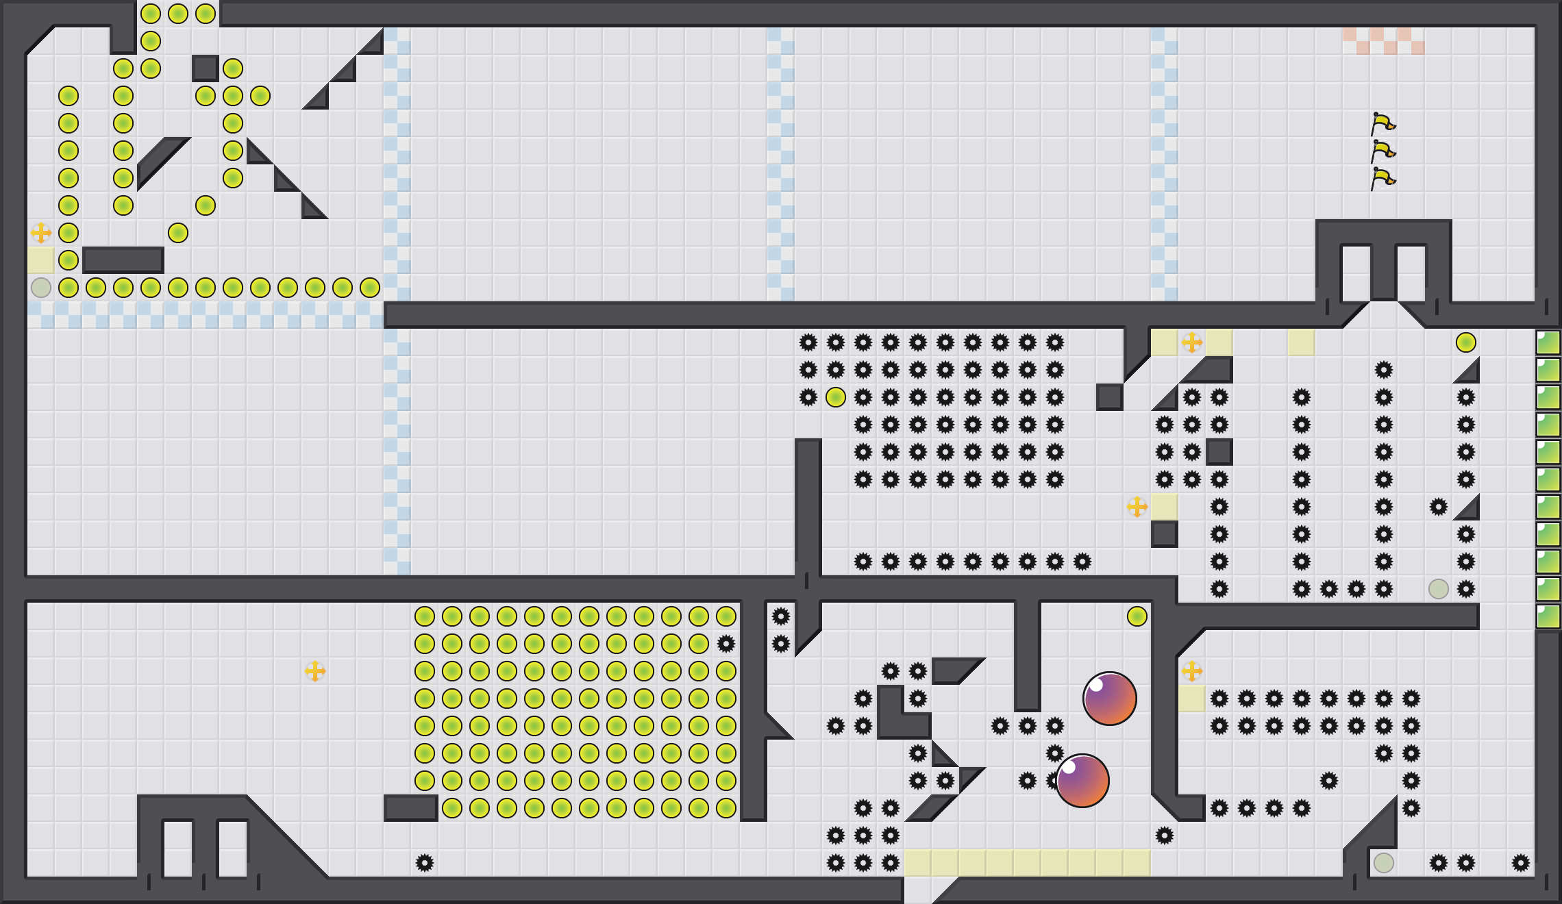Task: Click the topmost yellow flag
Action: [1383, 124]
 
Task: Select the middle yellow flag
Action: [1383, 151]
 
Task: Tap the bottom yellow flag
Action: [1383, 179]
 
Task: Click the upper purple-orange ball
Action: [1110, 699]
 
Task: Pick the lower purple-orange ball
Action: [1082, 781]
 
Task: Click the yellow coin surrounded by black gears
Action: [836, 397]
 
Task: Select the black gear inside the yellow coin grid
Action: [726, 644]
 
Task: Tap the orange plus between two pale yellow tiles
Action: [1192, 342]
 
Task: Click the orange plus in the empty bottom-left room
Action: [315, 671]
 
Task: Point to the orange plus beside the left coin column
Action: [41, 233]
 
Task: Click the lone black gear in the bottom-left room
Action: [425, 863]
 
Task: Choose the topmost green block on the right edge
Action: [1548, 342]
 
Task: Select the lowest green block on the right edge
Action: [1548, 616]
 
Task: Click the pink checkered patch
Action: [1384, 41]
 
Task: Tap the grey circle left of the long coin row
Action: [41, 288]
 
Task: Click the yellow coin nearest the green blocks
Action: [1466, 342]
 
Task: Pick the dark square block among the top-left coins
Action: [206, 68]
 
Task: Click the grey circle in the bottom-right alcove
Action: [1384, 863]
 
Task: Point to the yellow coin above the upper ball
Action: [1137, 616]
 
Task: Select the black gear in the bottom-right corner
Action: [1521, 863]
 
